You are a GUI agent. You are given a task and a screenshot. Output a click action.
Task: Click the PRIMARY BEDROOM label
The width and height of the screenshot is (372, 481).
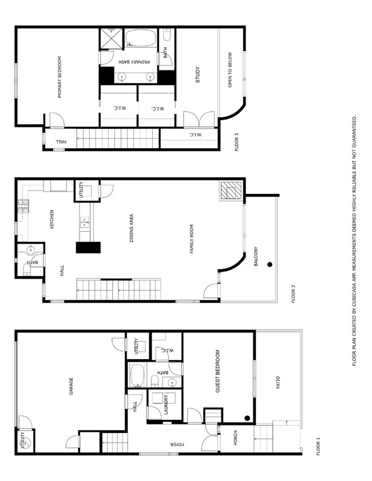[x=59, y=77]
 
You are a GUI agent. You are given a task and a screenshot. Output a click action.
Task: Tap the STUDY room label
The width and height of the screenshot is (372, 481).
[x=197, y=75]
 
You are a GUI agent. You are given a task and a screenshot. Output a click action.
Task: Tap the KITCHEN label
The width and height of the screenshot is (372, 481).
[x=52, y=220]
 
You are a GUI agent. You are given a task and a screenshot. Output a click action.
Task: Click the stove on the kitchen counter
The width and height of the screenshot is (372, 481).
[x=23, y=206]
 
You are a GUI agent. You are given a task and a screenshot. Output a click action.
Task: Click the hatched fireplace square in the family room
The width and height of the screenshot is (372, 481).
[x=231, y=190]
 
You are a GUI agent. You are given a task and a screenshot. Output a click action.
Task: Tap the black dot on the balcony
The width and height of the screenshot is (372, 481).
[x=269, y=264]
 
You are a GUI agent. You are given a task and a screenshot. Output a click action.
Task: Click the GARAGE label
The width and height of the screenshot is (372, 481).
[x=71, y=387]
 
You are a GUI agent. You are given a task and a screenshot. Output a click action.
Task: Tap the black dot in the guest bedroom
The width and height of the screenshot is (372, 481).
[x=247, y=418]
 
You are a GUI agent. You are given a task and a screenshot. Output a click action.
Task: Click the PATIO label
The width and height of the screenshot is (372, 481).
[x=279, y=383]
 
